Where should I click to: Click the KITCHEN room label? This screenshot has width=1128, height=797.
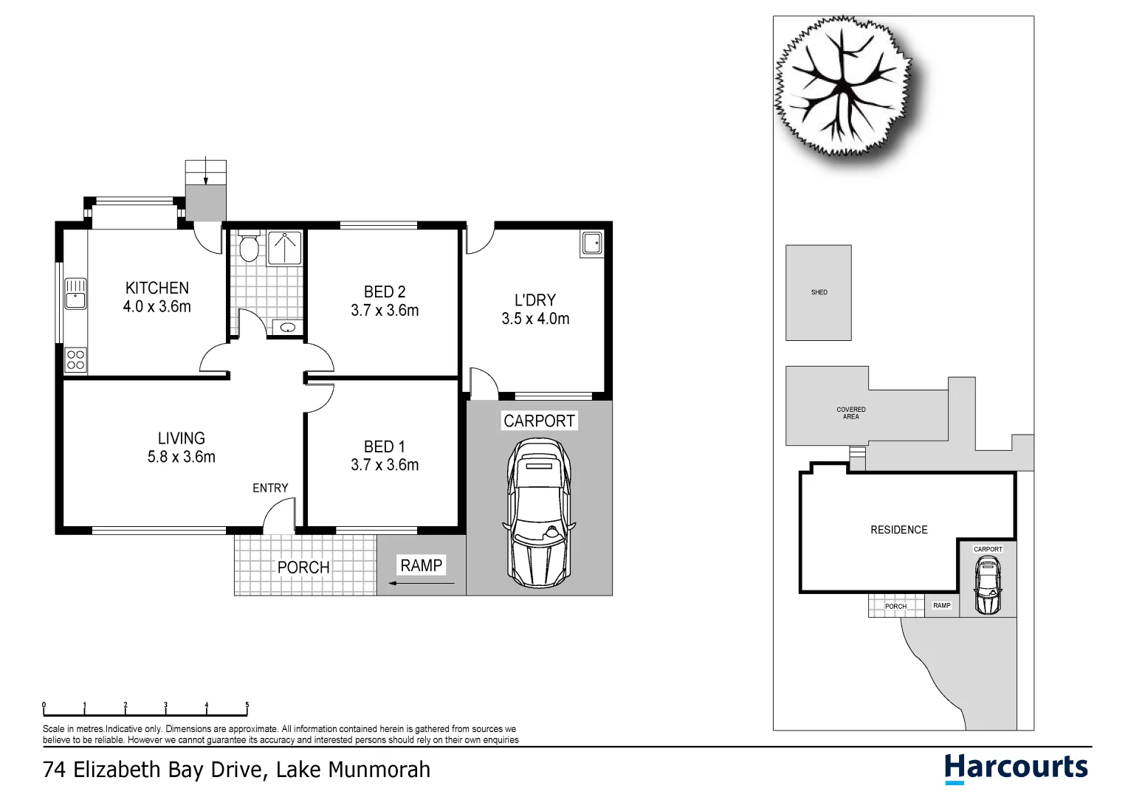(x=157, y=288)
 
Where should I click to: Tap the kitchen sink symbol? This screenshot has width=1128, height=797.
(x=75, y=293)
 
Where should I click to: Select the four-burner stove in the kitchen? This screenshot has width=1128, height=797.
(x=75, y=359)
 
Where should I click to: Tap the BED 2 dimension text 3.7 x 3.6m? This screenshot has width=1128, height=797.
(x=385, y=311)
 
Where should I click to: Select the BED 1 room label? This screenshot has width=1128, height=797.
(x=384, y=446)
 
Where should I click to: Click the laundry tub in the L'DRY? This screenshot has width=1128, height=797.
(x=592, y=243)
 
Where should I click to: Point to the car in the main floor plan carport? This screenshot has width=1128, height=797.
(x=538, y=512)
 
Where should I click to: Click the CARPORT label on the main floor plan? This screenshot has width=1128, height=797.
(x=539, y=421)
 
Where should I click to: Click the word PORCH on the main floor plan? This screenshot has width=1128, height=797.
(x=303, y=567)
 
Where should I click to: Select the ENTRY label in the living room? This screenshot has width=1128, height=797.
(x=270, y=488)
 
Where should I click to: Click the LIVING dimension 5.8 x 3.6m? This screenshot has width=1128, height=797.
(x=181, y=457)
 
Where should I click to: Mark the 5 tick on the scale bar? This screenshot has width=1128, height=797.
(x=247, y=705)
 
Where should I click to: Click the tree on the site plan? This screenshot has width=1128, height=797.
(x=842, y=87)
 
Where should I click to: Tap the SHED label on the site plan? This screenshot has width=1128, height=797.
(x=819, y=292)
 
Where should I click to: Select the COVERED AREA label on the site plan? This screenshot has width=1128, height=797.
(x=850, y=413)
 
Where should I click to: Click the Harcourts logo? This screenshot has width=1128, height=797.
(x=1016, y=767)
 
